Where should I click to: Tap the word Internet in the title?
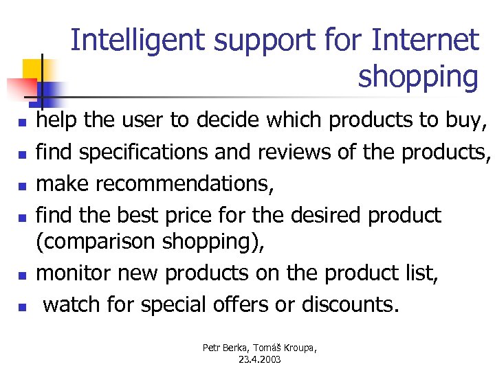(424, 41)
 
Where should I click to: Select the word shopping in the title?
(417, 77)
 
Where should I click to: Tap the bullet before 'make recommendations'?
(22, 186)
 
